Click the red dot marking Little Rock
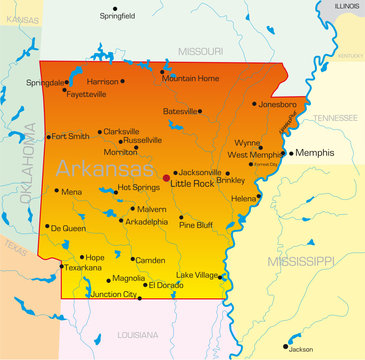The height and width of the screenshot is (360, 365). [166, 179]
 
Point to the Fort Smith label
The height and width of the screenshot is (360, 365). [71, 136]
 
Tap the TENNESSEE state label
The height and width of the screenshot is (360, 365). [333, 118]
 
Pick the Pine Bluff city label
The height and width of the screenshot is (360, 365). [197, 225]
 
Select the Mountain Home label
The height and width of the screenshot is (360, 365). [191, 78]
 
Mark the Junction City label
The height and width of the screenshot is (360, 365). [114, 295]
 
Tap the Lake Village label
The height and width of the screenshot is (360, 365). [198, 274]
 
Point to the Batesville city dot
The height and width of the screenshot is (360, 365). [200, 111]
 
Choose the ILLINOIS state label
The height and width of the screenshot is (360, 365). [347, 6]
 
